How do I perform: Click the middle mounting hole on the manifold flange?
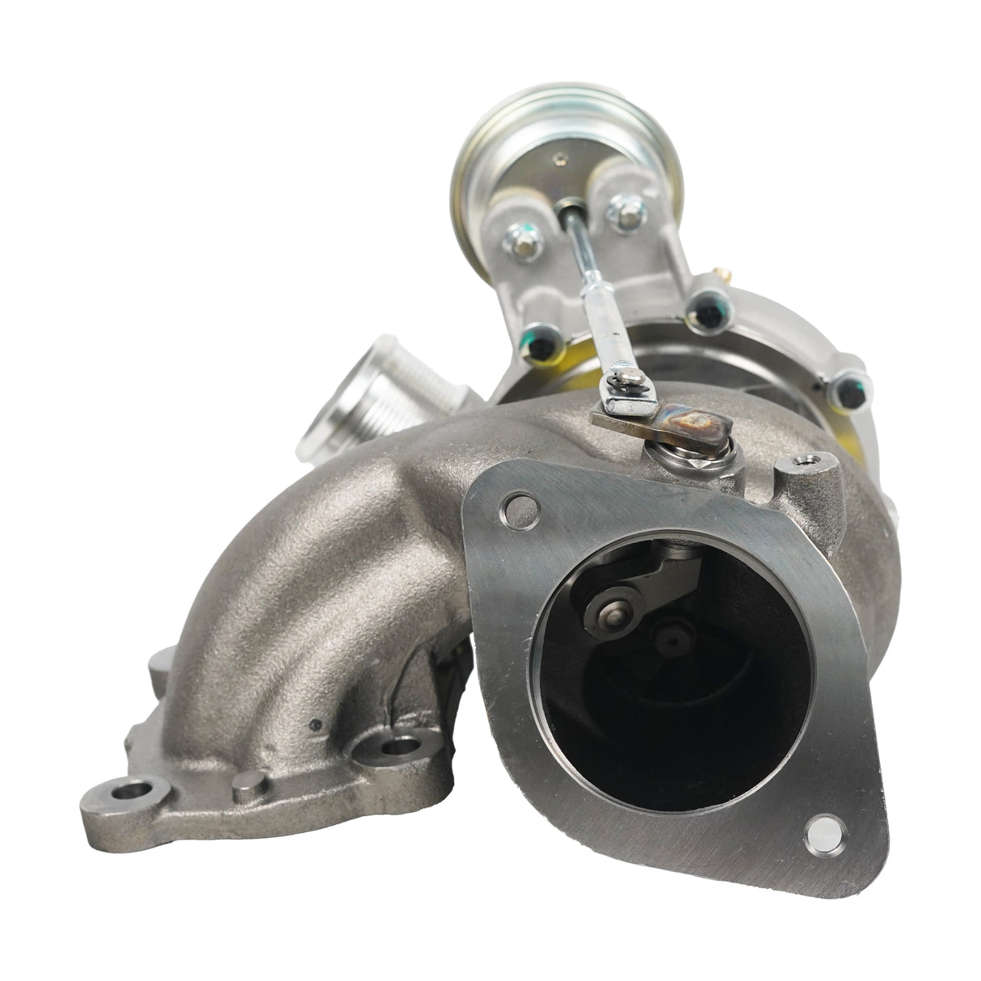[x=396, y=743]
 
